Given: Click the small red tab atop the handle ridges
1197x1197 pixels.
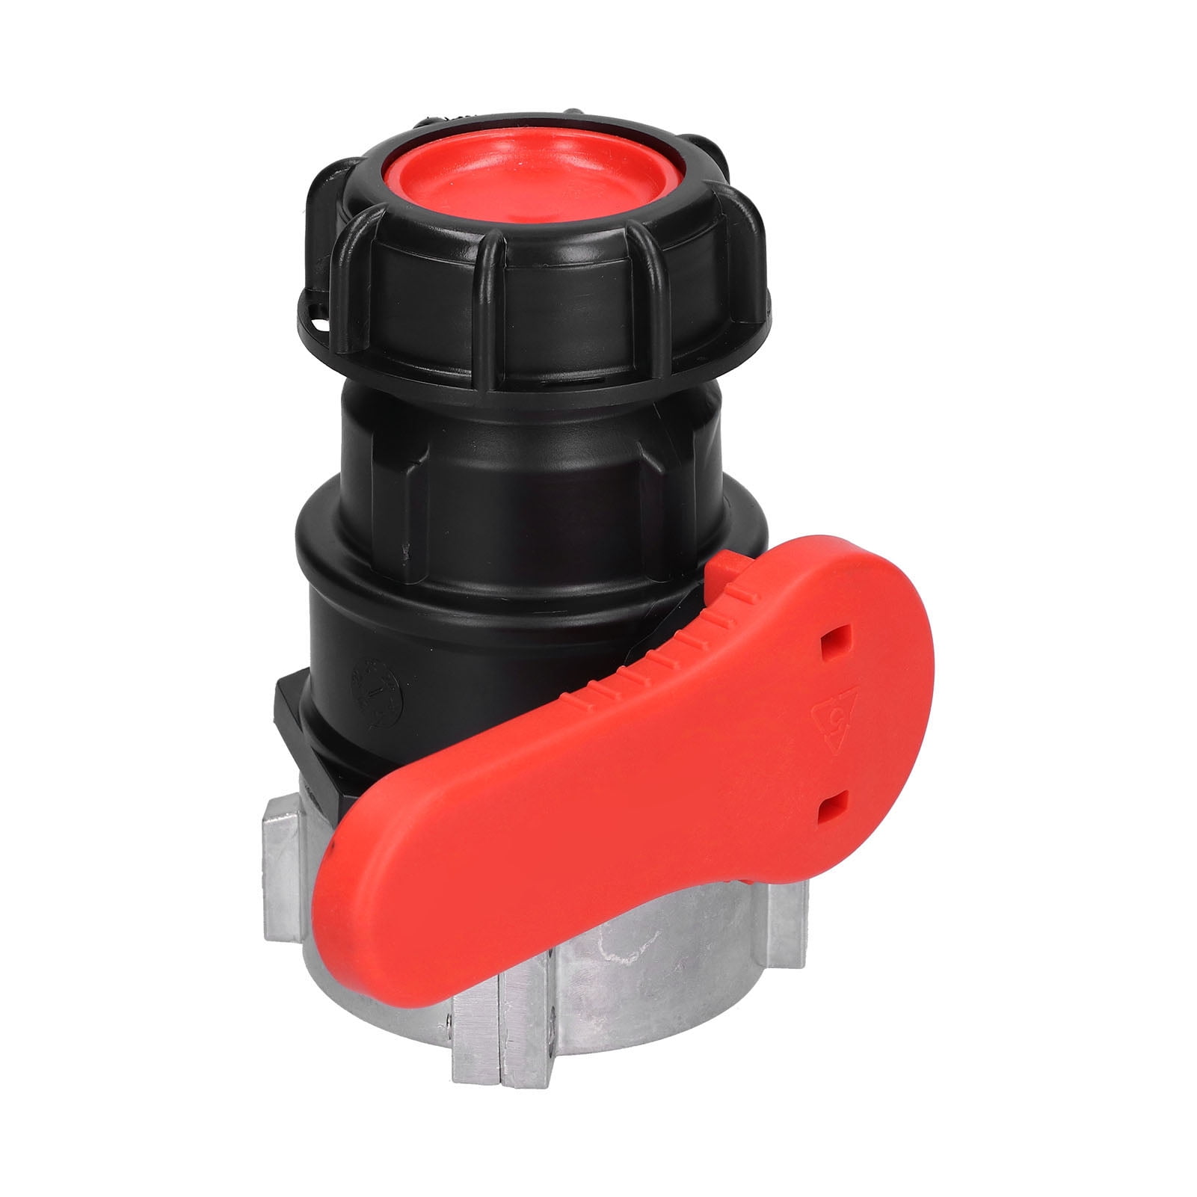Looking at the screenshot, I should click(722, 573).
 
